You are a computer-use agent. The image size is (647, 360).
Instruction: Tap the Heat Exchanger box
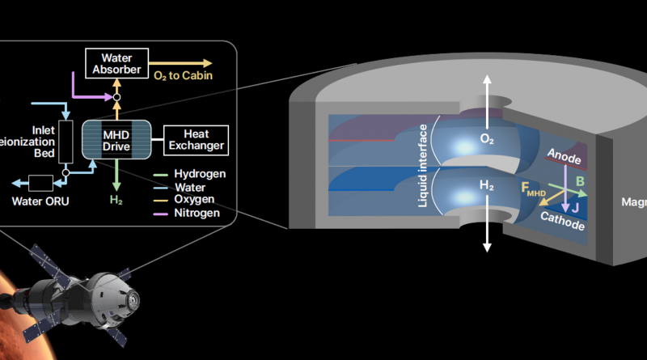coord(194,139)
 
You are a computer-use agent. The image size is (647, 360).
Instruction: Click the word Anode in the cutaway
coord(564,154)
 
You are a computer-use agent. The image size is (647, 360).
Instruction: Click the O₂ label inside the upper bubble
coord(487,139)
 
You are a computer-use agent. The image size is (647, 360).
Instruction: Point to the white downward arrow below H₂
coord(487,235)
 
